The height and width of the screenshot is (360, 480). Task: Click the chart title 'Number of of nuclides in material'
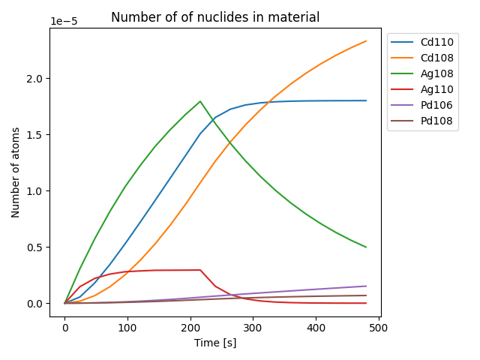tap(214, 17)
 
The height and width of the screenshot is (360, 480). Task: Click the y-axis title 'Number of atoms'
tap(16, 172)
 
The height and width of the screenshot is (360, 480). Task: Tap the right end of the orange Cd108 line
tap(366, 41)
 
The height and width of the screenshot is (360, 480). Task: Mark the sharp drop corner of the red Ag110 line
tap(200, 270)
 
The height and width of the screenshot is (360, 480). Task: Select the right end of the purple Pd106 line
tap(366, 286)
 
